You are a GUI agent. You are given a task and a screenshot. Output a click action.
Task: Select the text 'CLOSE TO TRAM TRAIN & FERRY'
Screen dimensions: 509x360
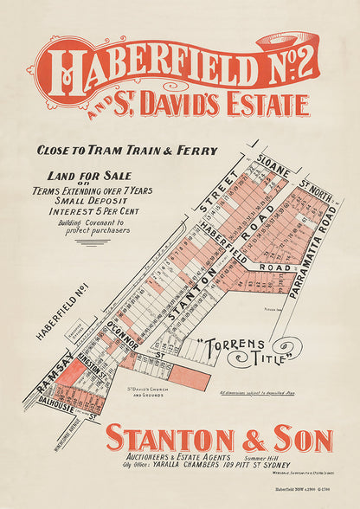(x=126, y=151)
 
